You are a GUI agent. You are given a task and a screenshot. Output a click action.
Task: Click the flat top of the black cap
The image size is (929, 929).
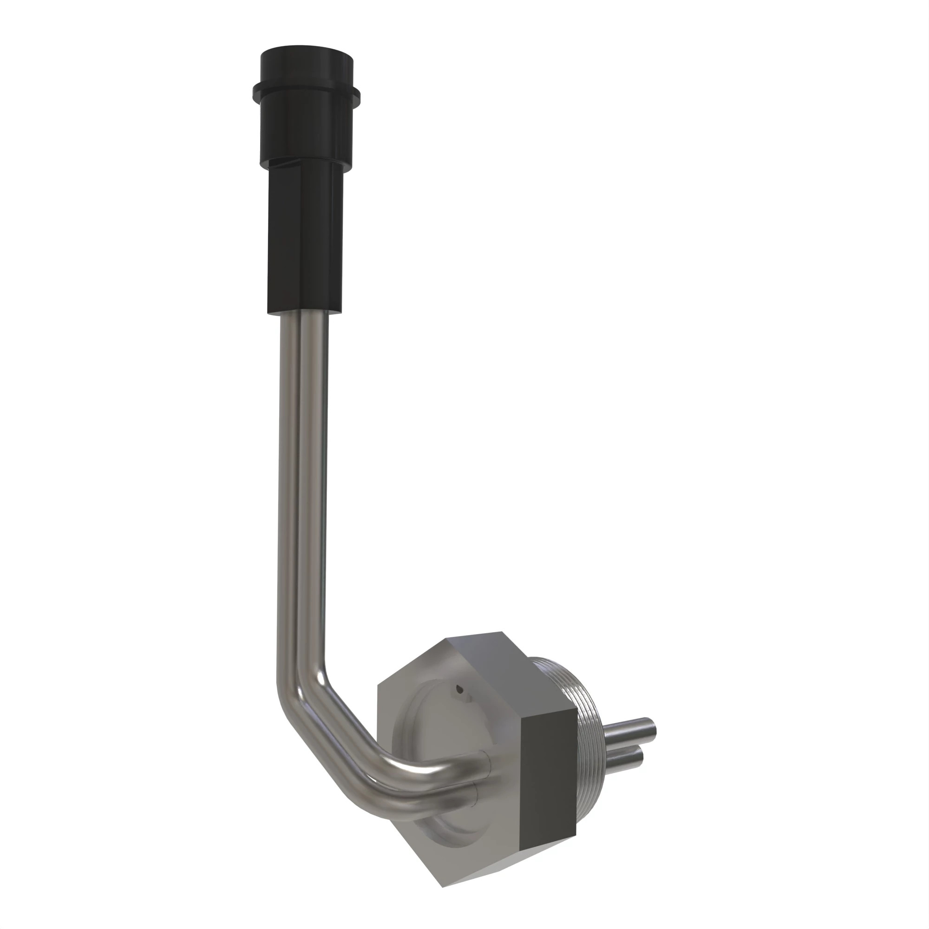click(x=306, y=52)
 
